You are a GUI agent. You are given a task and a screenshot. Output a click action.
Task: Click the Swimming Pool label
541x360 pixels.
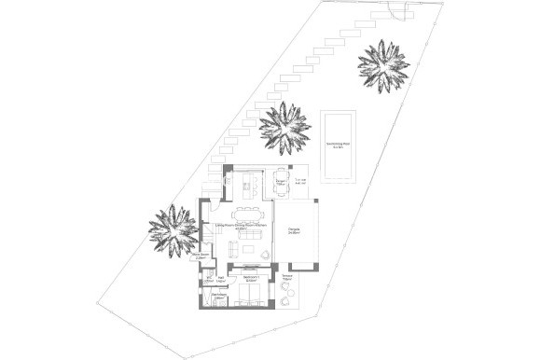[337, 144]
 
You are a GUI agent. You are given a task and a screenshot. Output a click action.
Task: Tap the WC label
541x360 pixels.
[208, 278]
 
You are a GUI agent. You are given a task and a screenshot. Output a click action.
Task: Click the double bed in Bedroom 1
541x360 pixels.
[249, 297]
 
